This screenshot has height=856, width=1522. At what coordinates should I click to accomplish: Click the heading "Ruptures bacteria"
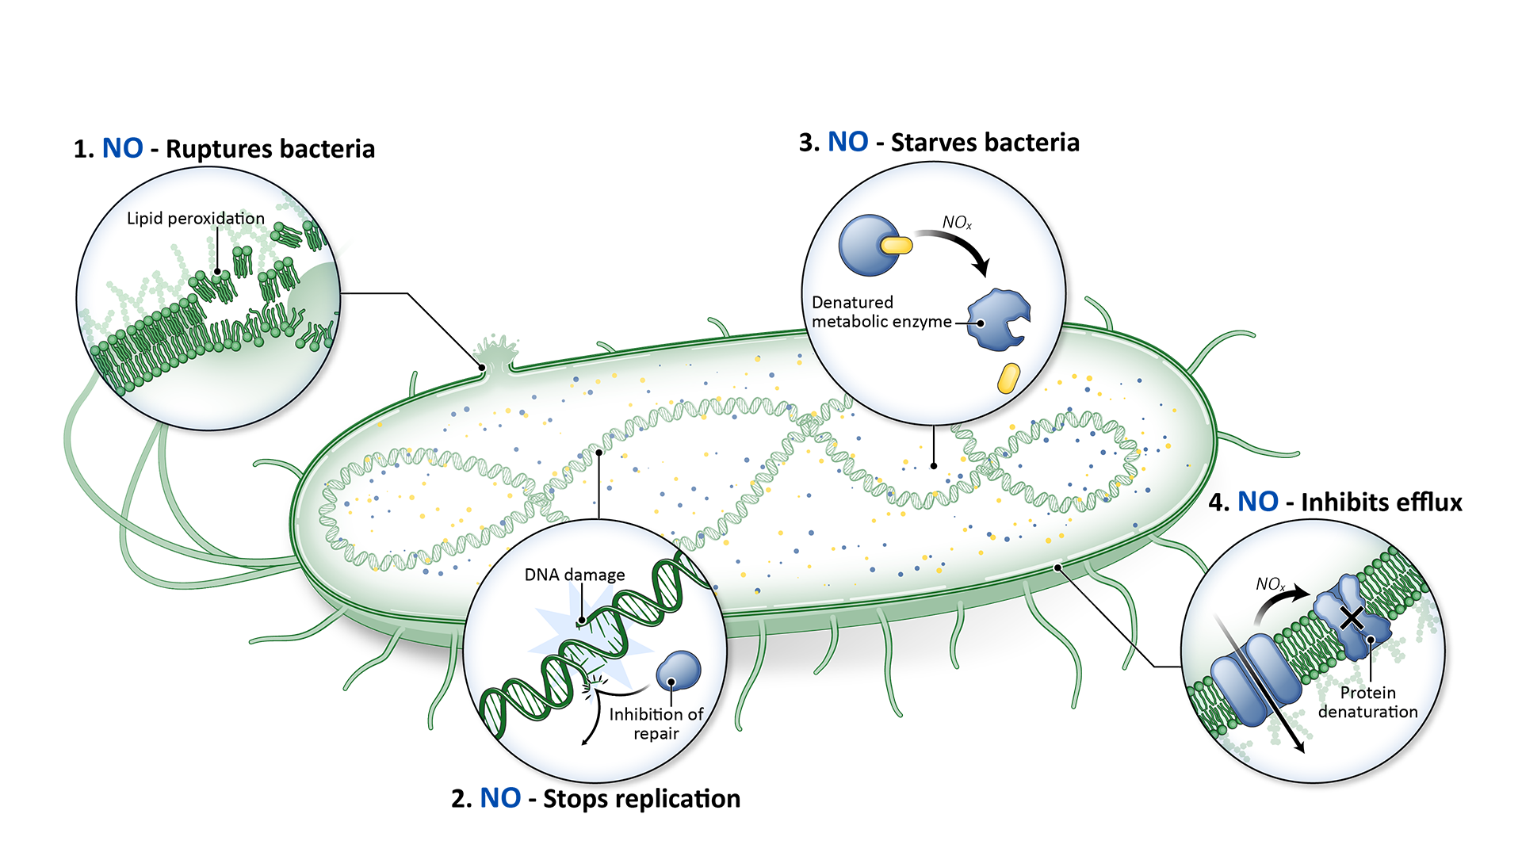pyautogui.click(x=270, y=149)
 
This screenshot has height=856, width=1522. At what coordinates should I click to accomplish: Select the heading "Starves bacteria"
pyautogui.click(x=985, y=143)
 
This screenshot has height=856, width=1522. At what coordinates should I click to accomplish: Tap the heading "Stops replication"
pyautogui.click(x=641, y=799)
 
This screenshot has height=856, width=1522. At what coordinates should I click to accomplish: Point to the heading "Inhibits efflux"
pyautogui.click(x=1381, y=503)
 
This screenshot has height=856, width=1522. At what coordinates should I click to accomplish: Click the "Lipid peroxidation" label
pyautogui.click(x=195, y=219)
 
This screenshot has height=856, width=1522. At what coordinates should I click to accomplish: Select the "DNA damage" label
pyautogui.click(x=575, y=575)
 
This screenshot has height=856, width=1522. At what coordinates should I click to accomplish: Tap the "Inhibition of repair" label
pyautogui.click(x=656, y=724)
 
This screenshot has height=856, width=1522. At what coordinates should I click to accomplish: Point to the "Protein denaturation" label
pyautogui.click(x=1367, y=702)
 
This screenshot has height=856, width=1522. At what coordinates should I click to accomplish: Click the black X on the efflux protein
pyautogui.click(x=1352, y=617)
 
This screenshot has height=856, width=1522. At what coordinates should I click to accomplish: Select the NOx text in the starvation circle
pyautogui.click(x=957, y=223)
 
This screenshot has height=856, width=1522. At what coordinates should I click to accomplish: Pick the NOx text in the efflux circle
pyautogui.click(x=1270, y=585)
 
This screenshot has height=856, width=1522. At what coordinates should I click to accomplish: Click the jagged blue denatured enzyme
pyautogui.click(x=999, y=319)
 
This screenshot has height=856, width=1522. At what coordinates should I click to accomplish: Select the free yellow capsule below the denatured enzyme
pyautogui.click(x=1008, y=378)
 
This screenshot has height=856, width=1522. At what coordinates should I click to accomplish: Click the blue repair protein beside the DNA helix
pyautogui.click(x=679, y=671)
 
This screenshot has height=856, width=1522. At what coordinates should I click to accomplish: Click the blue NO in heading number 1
pyautogui.click(x=123, y=149)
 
